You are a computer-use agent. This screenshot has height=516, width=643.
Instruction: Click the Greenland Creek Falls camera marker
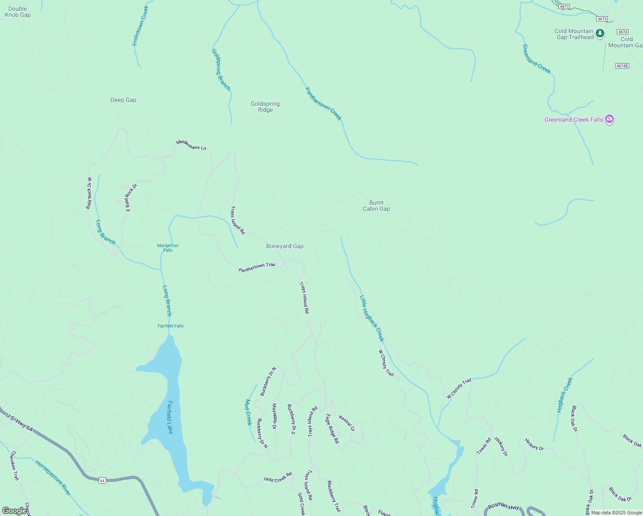pyautogui.click(x=609, y=119)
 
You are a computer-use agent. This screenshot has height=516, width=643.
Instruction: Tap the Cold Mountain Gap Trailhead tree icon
pyautogui.click(x=600, y=34)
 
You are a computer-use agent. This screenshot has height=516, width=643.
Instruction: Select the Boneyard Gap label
pyautogui.click(x=285, y=246)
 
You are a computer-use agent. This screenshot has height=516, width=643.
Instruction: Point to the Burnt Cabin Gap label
pyautogui.click(x=376, y=206)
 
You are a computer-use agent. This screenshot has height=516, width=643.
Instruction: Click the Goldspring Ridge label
pyautogui.click(x=265, y=107)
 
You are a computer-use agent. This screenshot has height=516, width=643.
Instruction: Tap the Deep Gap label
pyautogui.click(x=123, y=100)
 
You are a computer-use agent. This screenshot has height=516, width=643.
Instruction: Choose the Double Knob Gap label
pyautogui.click(x=18, y=12)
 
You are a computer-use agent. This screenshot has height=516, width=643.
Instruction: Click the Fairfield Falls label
pyautogui.click(x=171, y=326)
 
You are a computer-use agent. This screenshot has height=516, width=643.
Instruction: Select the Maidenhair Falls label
pyautogui.click(x=168, y=248)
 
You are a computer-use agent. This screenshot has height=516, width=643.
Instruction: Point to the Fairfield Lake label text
pyautogui.click(x=170, y=417)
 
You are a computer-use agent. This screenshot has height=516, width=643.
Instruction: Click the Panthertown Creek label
pyautogui.click(x=323, y=104)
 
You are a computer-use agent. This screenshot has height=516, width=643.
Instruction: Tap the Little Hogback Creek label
pyautogui.click(x=372, y=318)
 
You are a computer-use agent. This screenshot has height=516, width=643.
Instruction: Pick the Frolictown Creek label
pyautogui.click(x=140, y=26)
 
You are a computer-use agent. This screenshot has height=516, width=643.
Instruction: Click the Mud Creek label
pyautogui.click(x=248, y=412)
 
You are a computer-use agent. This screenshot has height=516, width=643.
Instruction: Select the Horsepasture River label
pyautogui.click(x=53, y=478)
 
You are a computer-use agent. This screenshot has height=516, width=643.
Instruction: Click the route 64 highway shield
pyautogui.click(x=102, y=480)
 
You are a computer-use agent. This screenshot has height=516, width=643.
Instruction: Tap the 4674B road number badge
pyautogui.click(x=622, y=66)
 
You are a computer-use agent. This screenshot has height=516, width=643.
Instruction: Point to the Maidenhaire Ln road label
pyautogui.click(x=191, y=145)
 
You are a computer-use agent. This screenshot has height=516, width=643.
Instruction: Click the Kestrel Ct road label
pyautogui.click(x=347, y=423)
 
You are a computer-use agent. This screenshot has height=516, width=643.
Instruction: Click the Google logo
pyautogui.click(x=15, y=511)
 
